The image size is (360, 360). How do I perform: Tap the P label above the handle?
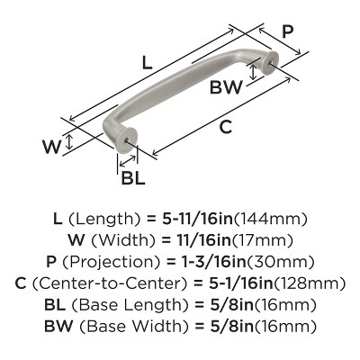(x=287, y=31)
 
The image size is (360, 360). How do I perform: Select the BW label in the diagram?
(x=226, y=87)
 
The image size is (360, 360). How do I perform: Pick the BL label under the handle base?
(x=132, y=177)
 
